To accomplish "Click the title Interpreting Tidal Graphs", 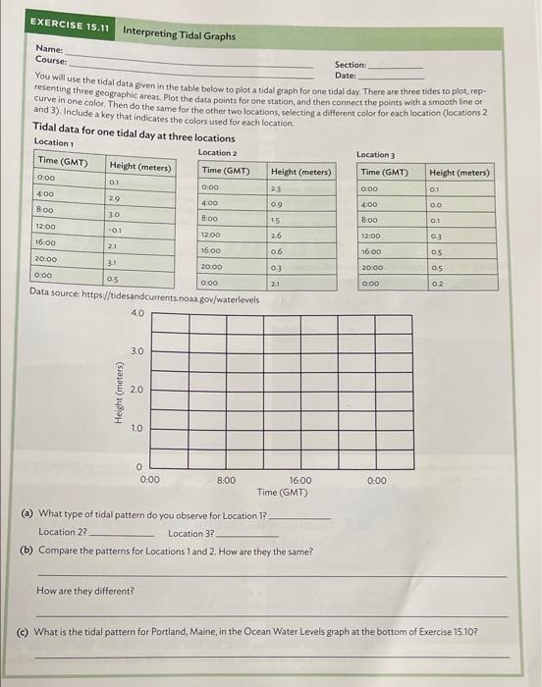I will pos(179,35).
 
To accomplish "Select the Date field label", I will pos(345,76).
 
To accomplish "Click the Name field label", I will pos(49,48).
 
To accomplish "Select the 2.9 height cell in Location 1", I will pos(115,199).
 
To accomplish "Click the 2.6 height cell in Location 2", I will pos(276,236).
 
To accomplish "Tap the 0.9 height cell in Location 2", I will pos(276,203).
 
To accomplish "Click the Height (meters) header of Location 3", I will pos(460,172).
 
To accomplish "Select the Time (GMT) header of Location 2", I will pos(227,172).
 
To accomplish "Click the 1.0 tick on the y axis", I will pos(137,428).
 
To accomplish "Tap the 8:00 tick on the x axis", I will pos(226,480).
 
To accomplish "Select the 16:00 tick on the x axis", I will pos(300,480).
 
